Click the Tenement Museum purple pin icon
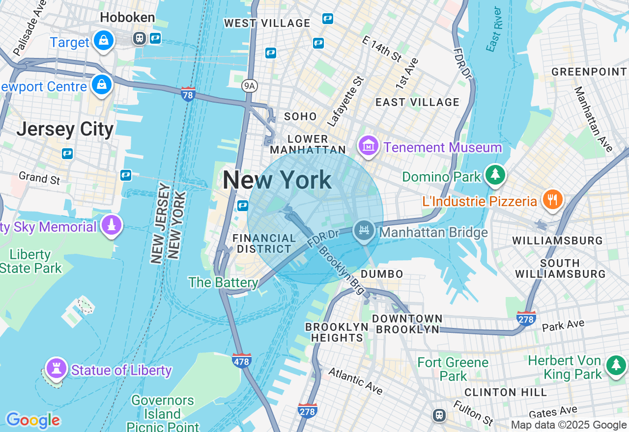pos(368,146)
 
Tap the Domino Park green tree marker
pos(495,175)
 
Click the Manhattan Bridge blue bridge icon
pos(364,231)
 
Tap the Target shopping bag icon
pos(104,41)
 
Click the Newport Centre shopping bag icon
pos(102,85)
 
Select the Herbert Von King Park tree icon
pos(616,365)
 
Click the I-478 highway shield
pos(241,361)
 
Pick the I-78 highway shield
pos(188,93)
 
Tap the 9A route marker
pos(250,86)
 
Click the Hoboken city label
pos(127,18)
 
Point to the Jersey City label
pos(65,130)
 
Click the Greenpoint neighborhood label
pos(589,72)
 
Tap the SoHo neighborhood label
pos(300,116)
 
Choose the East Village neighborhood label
pos(417,102)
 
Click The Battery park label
pos(223,282)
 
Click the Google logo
pos(33,420)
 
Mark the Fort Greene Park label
pos(453,369)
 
